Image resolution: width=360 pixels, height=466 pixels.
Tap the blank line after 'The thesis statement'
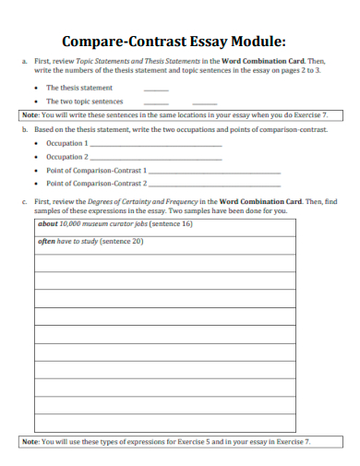click(156, 90)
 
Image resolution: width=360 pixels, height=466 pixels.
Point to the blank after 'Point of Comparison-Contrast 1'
click(213, 172)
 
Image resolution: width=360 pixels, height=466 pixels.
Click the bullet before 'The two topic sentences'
click(36, 102)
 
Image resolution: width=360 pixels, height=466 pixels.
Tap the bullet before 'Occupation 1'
click(36, 144)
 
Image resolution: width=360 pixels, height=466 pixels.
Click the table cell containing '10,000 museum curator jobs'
click(165, 224)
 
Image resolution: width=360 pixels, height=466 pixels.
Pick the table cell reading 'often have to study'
click(165, 242)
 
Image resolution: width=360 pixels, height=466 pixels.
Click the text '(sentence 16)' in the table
click(171, 224)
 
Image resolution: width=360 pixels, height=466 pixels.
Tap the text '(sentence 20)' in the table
click(122, 242)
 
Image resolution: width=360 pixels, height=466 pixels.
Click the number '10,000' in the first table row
click(60, 224)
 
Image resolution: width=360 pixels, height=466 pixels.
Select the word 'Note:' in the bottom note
click(30, 442)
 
